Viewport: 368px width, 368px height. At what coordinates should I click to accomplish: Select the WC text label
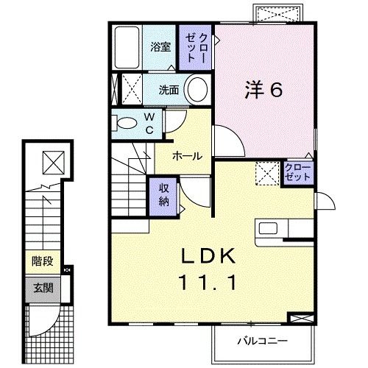[149, 123]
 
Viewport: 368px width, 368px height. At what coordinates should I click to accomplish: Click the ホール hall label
[187, 157]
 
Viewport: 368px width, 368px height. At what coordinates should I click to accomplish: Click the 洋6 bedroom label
[264, 91]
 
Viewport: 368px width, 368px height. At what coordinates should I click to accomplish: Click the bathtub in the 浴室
[130, 46]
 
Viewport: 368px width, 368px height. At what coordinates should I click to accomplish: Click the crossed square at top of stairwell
[52, 161]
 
